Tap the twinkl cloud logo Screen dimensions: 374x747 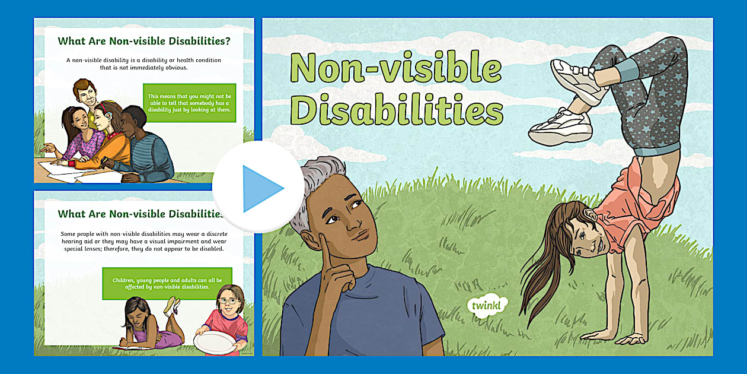487,305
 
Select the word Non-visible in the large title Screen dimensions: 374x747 395,68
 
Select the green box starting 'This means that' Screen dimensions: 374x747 190,103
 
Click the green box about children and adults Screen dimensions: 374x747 167,283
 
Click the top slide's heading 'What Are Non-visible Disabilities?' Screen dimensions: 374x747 144,42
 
